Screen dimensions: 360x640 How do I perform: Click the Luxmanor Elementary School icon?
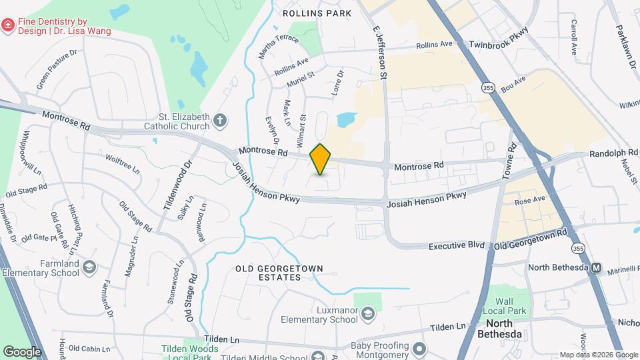pos(367,313)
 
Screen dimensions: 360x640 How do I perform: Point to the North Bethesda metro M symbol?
pos(596,268)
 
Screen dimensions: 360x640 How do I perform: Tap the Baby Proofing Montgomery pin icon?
pos(419,349)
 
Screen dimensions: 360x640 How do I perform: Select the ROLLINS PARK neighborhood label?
pos(308,13)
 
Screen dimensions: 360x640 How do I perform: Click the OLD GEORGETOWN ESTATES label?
pos(280,273)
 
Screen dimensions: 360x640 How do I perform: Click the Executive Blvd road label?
pos(456,245)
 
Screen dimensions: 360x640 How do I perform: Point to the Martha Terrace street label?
pos(278,46)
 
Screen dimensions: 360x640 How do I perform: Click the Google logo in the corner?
pos(22,351)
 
